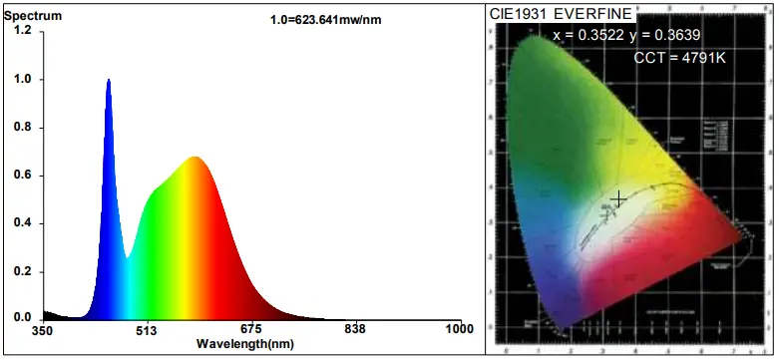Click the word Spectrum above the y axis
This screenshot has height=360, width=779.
(x=33, y=17)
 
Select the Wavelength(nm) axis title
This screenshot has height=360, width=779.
(x=245, y=344)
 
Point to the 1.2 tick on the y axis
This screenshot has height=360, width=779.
(x=23, y=31)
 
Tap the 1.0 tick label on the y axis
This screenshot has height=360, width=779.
(x=23, y=79)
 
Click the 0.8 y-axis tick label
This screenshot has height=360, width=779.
(x=23, y=127)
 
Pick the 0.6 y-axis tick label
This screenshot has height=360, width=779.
(x=23, y=175)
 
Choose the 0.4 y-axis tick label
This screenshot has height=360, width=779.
(x=23, y=222)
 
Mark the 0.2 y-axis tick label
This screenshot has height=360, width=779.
(x=23, y=270)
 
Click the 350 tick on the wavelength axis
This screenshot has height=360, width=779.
(x=42, y=330)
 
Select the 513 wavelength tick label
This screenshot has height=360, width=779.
(x=147, y=330)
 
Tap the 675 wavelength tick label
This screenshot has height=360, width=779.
(x=250, y=330)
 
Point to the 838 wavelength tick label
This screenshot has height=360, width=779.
(x=355, y=330)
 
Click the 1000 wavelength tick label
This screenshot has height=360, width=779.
(x=459, y=330)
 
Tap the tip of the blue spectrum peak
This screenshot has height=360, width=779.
(x=109, y=80)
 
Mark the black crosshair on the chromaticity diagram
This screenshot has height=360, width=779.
(x=619, y=199)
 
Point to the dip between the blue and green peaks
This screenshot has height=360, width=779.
(x=127, y=258)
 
